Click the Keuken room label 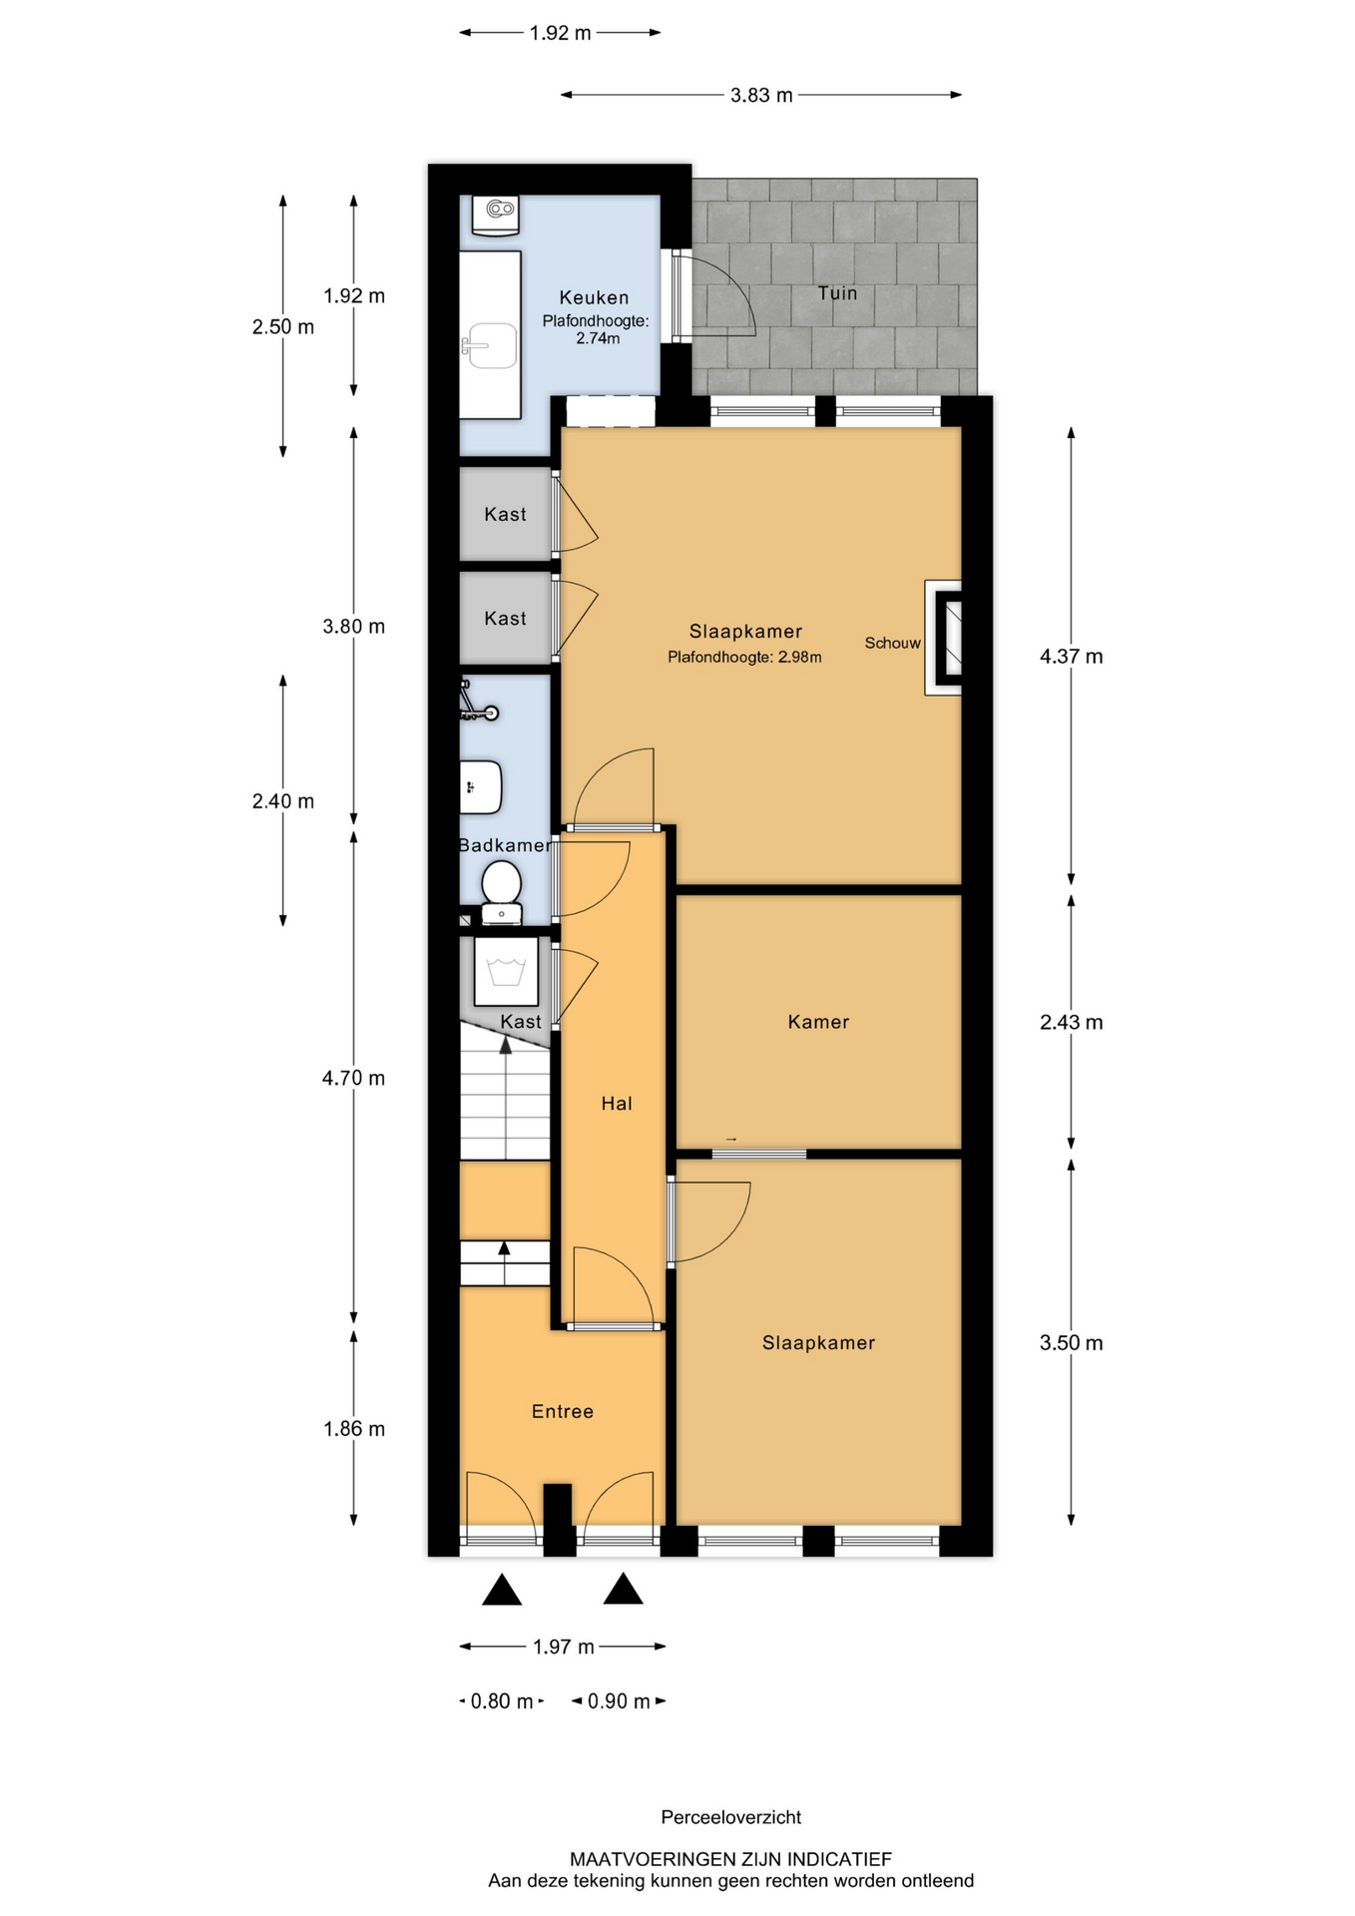594,297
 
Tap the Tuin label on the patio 837,292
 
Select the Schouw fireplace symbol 944,638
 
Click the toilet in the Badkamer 501,892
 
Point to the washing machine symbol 506,971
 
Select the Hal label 617,1103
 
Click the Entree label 563,1411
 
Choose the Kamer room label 818,1022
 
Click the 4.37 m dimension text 1072,656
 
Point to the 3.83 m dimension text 761,95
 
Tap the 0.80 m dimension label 502,1700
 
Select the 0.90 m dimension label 619,1700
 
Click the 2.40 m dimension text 283,800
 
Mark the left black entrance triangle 502,1590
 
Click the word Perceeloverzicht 731,1817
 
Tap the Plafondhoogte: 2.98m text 744,657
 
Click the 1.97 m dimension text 564,1646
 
